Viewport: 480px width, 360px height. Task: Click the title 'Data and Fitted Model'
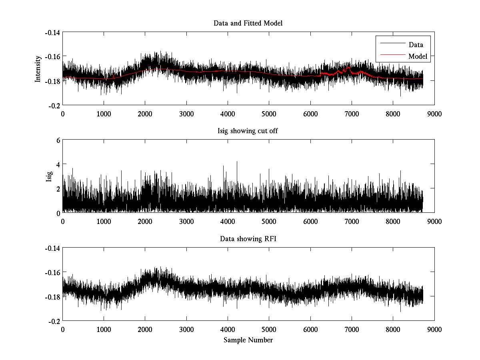click(x=248, y=23)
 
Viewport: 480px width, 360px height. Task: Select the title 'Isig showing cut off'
click(x=248, y=131)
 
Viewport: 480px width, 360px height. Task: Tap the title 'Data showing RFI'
click(x=248, y=239)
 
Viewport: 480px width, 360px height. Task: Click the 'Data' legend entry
click(x=416, y=45)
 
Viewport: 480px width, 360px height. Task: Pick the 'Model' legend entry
click(x=418, y=56)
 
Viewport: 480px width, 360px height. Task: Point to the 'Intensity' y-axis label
click(x=38, y=68)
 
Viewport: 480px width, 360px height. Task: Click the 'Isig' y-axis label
click(x=49, y=176)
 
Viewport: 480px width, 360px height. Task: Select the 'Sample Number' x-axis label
click(x=248, y=340)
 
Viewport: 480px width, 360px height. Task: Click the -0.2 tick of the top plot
click(x=54, y=105)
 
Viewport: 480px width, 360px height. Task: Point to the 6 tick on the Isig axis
click(x=58, y=140)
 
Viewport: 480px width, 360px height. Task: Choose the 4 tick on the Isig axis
click(x=58, y=164)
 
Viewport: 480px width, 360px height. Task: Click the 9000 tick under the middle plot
click(x=434, y=221)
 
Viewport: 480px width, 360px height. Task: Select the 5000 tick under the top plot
click(x=269, y=114)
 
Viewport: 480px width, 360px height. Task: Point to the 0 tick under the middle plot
click(x=62, y=221)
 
